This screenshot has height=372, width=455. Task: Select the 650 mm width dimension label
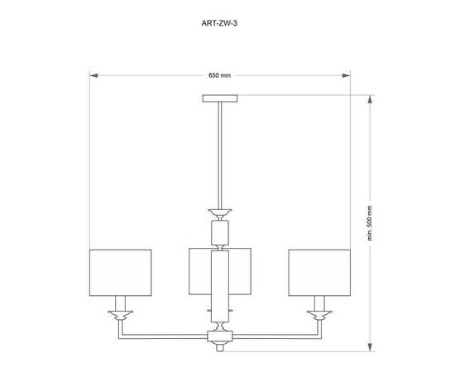219,75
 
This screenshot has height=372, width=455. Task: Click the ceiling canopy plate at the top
219,98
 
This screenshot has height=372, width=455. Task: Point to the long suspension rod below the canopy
219,153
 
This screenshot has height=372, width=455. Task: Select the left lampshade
120,271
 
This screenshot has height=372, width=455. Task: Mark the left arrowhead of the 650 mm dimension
93,76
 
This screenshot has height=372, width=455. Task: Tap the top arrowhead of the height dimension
370,98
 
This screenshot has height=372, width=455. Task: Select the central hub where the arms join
219,336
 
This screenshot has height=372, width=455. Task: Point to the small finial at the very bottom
219,348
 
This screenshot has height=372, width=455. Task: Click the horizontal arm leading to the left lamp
165,336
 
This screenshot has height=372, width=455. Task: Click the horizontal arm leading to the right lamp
273,336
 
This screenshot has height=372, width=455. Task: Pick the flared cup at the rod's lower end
219,210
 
